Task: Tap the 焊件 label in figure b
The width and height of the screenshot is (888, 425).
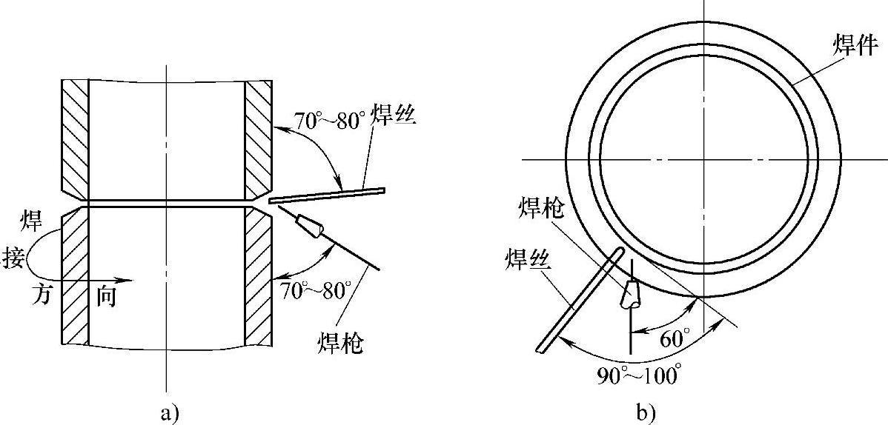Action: [x=857, y=47]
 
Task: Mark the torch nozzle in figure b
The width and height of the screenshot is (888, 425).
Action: [x=629, y=294]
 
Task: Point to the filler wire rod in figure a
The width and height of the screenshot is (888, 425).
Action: [x=327, y=195]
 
